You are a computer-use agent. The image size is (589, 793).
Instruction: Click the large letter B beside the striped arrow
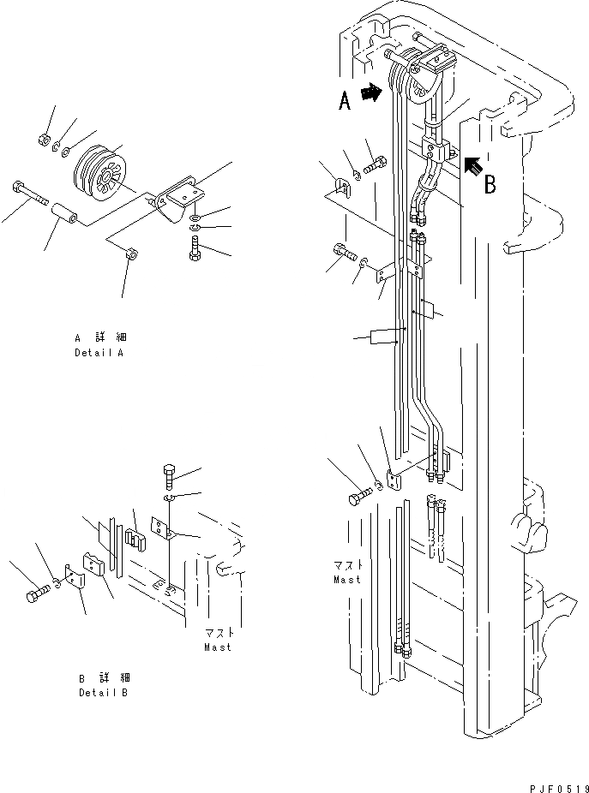click(x=490, y=184)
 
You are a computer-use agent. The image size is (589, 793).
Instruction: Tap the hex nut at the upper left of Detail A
click(x=44, y=140)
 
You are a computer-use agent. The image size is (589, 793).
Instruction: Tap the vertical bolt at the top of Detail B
click(x=170, y=474)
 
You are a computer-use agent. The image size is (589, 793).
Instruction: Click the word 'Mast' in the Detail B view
click(x=217, y=647)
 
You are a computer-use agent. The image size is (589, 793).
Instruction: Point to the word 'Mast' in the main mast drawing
click(x=347, y=580)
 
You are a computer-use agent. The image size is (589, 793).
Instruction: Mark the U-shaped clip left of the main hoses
click(x=340, y=185)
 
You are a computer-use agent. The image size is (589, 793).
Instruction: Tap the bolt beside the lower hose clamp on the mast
click(x=360, y=498)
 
